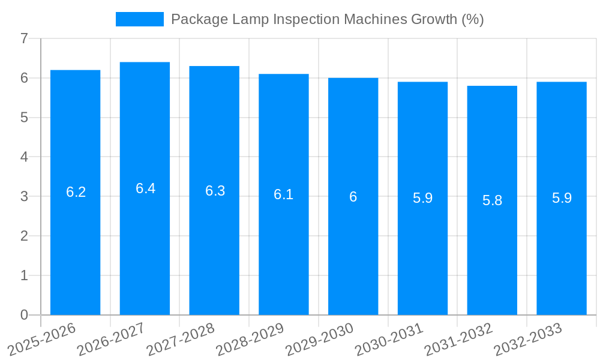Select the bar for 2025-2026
(75, 192)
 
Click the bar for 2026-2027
(145, 188)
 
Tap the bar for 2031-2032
(492, 200)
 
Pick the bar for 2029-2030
(353, 196)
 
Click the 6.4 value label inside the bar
(145, 188)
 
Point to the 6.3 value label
(215, 191)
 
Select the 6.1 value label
(283, 194)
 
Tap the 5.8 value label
(492, 200)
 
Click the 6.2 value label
(76, 192)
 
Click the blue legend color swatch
(139, 19)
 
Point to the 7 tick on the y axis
(24, 38)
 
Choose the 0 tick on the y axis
(24, 315)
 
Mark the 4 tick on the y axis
(24, 157)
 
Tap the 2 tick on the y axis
(24, 236)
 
